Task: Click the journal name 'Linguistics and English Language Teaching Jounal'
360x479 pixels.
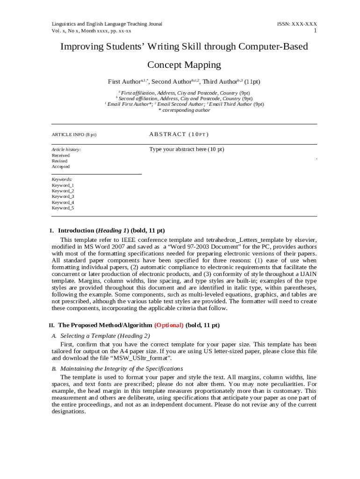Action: point(107,24)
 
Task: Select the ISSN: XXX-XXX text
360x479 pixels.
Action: point(297,24)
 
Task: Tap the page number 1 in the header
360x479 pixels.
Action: point(315,31)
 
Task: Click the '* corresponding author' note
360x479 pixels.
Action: point(184,110)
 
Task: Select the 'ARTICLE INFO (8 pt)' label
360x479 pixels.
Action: point(74,135)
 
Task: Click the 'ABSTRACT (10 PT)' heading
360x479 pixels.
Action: point(179,134)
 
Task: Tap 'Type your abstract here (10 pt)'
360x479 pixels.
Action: point(187,149)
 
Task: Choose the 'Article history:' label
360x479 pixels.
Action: point(66,150)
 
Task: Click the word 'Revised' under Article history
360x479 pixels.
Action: point(59,161)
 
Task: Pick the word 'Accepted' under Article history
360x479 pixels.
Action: point(61,167)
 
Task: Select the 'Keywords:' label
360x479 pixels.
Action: point(62,179)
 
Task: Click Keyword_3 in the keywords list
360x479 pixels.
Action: point(63,196)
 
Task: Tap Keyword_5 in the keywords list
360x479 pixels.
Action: point(63,208)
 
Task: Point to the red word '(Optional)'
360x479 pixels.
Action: point(169,325)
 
